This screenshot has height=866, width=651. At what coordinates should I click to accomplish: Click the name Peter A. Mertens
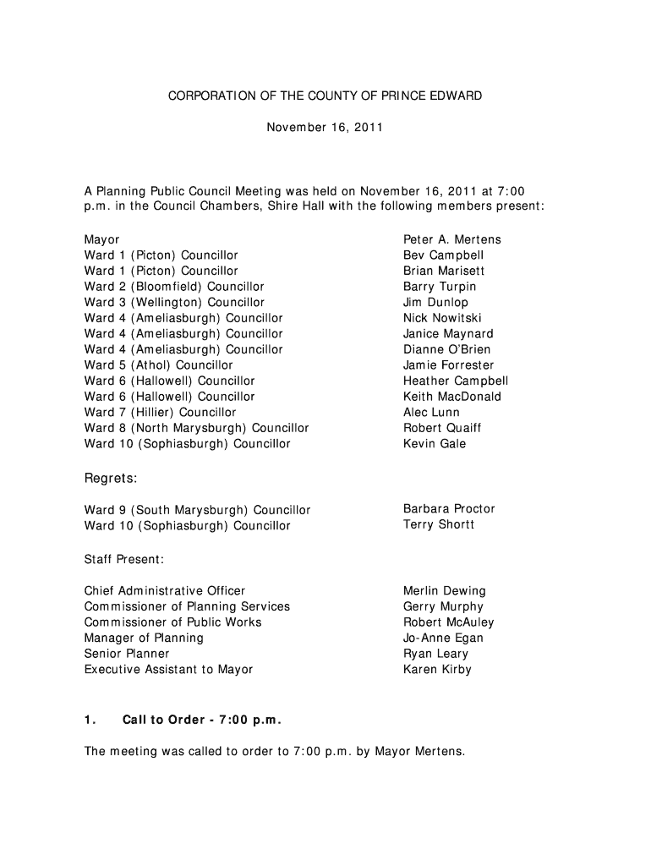[x=451, y=239]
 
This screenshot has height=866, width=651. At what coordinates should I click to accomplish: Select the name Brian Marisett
[x=444, y=271]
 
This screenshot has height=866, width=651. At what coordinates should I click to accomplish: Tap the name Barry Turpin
[x=440, y=287]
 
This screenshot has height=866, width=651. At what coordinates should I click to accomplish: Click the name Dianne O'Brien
[x=446, y=349]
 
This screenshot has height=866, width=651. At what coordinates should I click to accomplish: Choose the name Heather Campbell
[x=456, y=381]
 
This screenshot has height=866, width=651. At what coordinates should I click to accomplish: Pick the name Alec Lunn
[x=431, y=412]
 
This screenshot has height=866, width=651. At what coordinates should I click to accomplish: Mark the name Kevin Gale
[x=435, y=443]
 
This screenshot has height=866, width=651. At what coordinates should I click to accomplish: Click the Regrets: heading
[x=111, y=479]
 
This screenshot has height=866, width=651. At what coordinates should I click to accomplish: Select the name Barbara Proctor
[x=449, y=508]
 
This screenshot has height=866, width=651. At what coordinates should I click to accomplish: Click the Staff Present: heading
[x=124, y=559]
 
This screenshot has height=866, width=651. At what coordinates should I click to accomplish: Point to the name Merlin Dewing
[x=445, y=590]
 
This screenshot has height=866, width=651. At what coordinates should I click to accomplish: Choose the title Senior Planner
[x=127, y=653]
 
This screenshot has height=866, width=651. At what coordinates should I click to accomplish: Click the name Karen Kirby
[x=437, y=669]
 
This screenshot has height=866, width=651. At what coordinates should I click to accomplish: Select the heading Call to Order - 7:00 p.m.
[x=201, y=720]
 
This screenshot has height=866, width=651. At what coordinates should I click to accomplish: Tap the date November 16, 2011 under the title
[x=325, y=128]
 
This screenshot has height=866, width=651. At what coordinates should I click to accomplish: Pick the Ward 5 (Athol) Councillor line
[x=158, y=364]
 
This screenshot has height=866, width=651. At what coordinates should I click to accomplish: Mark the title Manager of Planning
[x=144, y=638]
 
